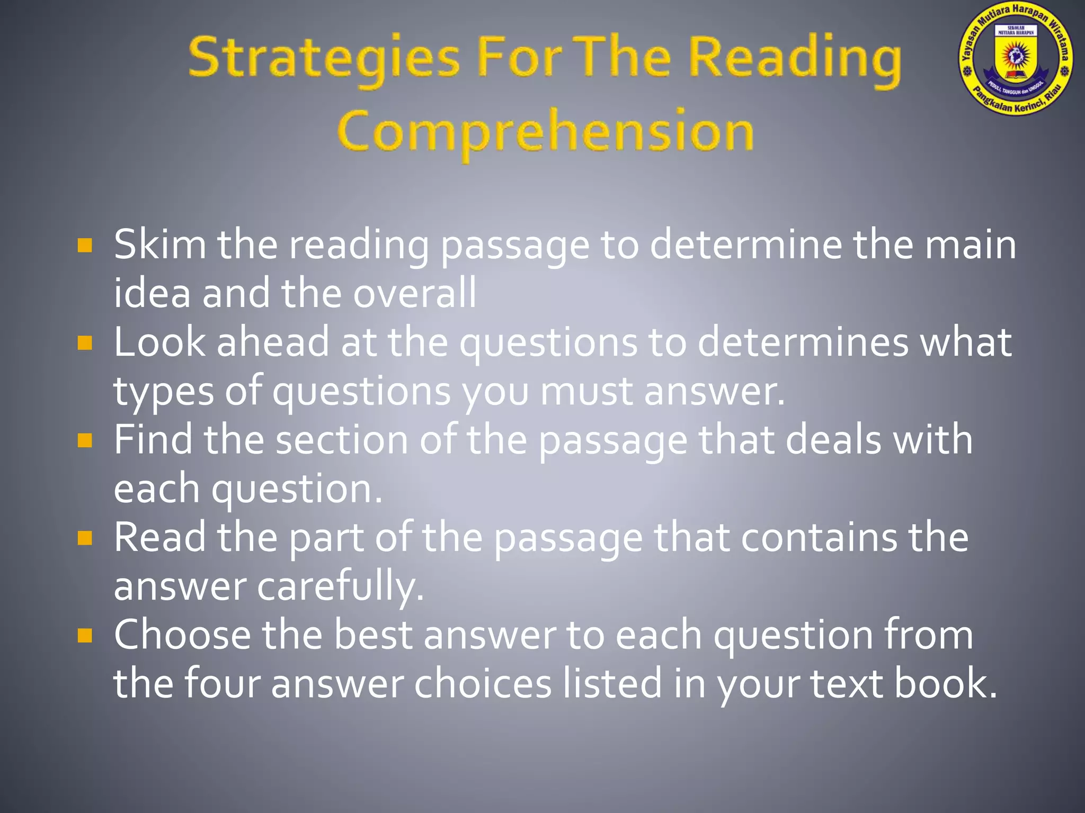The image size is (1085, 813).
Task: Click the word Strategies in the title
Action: [x=323, y=59]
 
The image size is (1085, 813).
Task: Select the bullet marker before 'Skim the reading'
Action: [x=85, y=246]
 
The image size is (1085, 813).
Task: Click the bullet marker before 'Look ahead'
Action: [x=85, y=343]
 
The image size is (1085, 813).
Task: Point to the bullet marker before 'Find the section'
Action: [x=85, y=440]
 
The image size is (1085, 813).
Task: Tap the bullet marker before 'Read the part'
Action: [x=85, y=538]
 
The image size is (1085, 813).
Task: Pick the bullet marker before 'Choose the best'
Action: [x=85, y=635]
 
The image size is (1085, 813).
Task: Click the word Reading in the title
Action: [x=794, y=59]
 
